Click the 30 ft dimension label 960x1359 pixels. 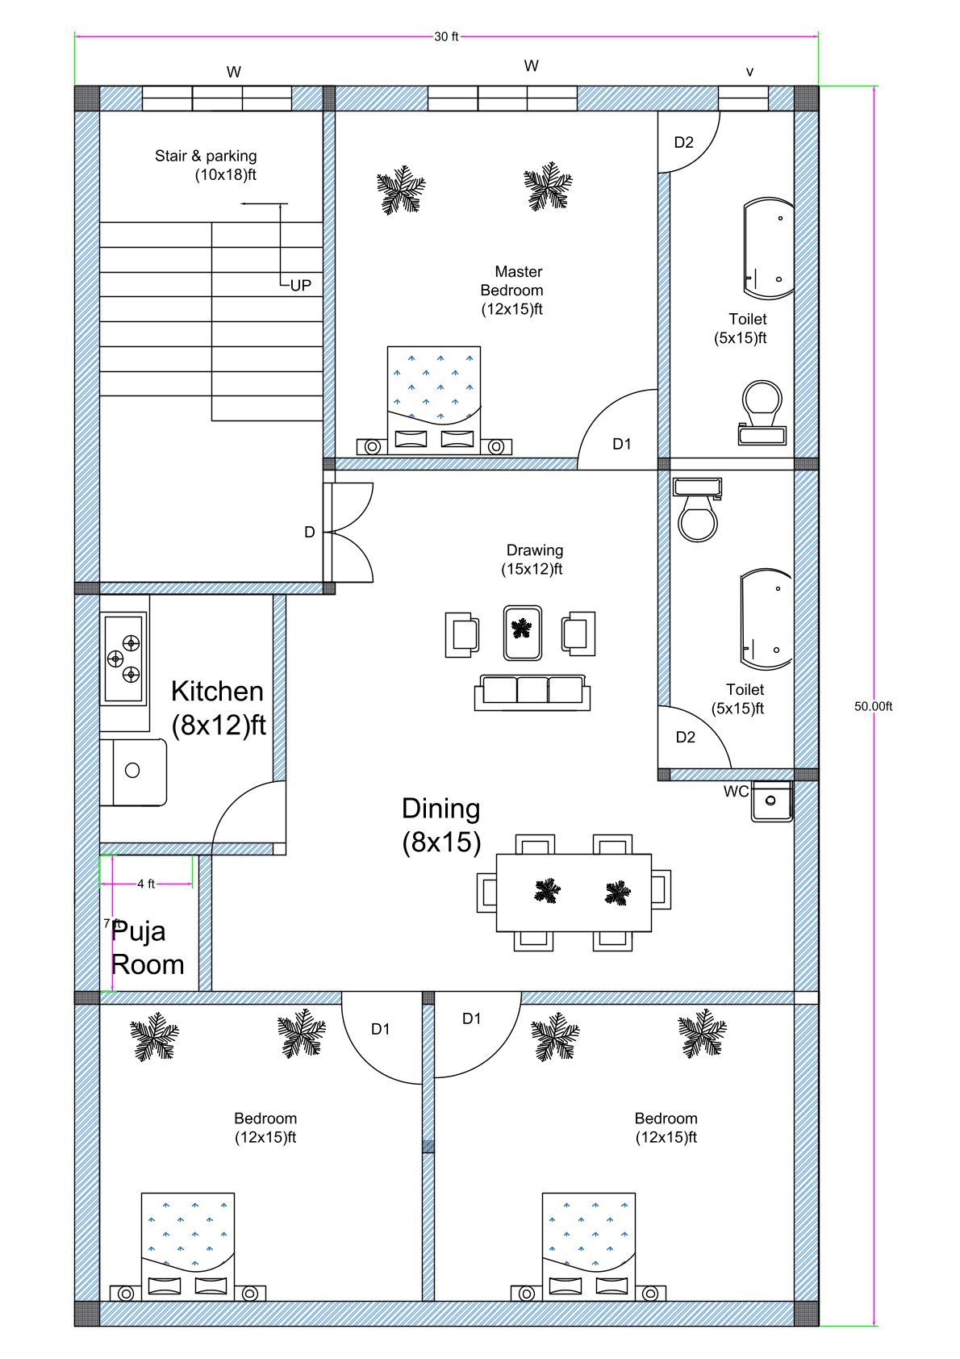[446, 36]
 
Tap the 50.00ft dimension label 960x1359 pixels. [873, 706]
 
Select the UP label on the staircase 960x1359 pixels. [300, 286]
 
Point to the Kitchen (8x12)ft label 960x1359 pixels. [218, 708]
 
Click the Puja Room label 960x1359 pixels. [148, 947]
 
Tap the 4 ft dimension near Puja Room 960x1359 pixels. [146, 884]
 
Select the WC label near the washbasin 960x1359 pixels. [735, 792]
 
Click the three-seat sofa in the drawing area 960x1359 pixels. [532, 692]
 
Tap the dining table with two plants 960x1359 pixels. [574, 892]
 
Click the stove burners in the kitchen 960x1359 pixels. [124, 658]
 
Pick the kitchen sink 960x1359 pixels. [133, 771]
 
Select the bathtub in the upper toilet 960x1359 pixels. [768, 245]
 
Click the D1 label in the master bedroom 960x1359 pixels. [621, 444]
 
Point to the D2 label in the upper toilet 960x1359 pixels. [683, 143]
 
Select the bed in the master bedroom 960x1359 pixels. [434, 395]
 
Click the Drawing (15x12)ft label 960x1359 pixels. [533, 559]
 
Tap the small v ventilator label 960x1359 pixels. [749, 72]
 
